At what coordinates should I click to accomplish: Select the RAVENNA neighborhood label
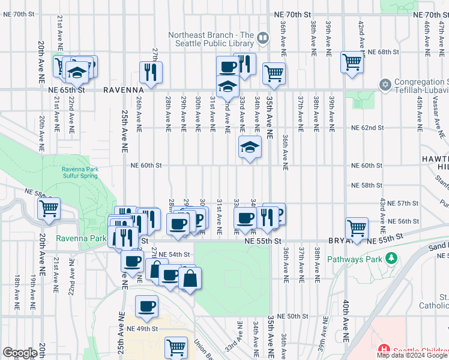(x=124, y=89)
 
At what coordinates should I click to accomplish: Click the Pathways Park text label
(x=354, y=259)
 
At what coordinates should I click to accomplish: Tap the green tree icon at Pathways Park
(x=391, y=258)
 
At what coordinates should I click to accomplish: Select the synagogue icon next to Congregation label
(x=385, y=83)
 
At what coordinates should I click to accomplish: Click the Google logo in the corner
(x=20, y=353)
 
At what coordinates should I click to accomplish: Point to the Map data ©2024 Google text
(x=412, y=355)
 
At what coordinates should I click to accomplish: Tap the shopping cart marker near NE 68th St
(x=352, y=61)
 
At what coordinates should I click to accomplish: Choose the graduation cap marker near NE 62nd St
(x=250, y=146)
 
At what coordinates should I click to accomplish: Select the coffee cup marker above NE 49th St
(x=146, y=307)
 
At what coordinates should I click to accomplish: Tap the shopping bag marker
(x=190, y=278)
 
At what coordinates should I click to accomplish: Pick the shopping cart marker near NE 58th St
(x=49, y=209)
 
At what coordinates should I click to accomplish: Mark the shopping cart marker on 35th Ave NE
(x=274, y=73)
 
